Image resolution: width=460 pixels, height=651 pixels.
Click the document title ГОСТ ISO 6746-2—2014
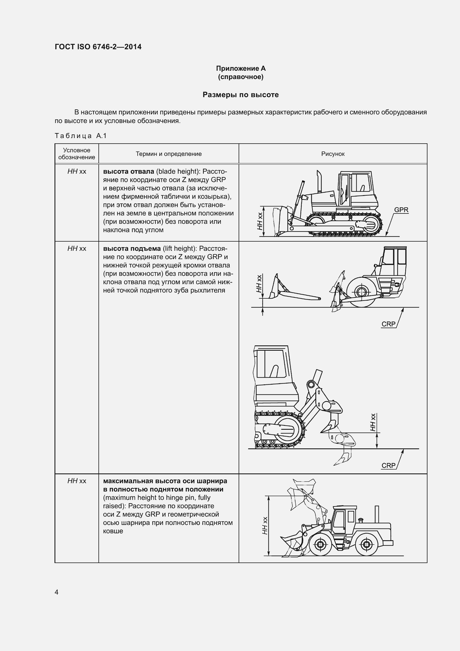(x=98, y=47)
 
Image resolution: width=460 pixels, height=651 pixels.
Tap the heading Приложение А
(x=241, y=68)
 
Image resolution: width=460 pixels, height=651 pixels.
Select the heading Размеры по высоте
(x=241, y=95)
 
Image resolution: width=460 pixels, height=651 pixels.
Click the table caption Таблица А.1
(x=80, y=136)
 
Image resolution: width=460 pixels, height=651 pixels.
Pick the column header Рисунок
(x=333, y=154)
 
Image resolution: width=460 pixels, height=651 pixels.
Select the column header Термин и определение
(x=169, y=154)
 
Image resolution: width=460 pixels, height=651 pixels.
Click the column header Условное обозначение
(x=76, y=154)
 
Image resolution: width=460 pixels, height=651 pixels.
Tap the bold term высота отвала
(x=128, y=171)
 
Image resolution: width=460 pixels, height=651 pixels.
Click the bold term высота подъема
(x=132, y=249)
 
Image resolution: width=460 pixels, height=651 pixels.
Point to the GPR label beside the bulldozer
(x=401, y=210)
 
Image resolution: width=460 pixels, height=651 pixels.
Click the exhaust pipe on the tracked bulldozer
(x=319, y=181)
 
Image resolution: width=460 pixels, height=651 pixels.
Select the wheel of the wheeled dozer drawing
(x=362, y=292)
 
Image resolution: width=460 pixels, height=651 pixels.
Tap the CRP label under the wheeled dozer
(x=388, y=324)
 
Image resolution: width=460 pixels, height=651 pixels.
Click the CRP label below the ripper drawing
(x=388, y=466)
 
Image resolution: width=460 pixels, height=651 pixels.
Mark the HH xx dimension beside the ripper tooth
(x=373, y=423)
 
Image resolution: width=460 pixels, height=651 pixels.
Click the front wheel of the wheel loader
(x=320, y=544)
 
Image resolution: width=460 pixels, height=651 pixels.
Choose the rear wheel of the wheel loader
(x=367, y=544)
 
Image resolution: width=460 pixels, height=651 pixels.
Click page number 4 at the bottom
(x=56, y=592)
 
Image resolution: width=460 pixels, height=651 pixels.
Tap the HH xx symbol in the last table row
(x=76, y=481)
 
